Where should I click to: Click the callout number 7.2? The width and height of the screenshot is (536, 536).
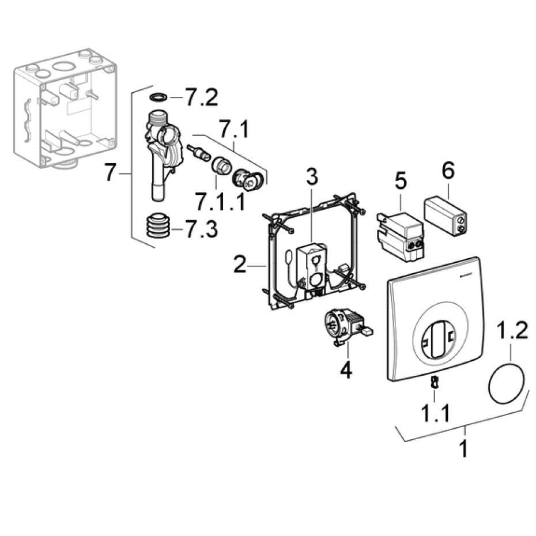201,98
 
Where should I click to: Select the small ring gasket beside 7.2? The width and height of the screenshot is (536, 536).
158,97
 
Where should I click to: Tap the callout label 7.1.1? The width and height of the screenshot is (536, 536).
220,201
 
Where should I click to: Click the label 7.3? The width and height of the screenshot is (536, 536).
201,231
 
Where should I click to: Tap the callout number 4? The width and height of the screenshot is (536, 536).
345,369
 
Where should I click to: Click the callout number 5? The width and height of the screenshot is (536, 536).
401,180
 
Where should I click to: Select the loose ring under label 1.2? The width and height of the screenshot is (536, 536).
508,384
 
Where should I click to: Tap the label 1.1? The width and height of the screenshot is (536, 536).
435,413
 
